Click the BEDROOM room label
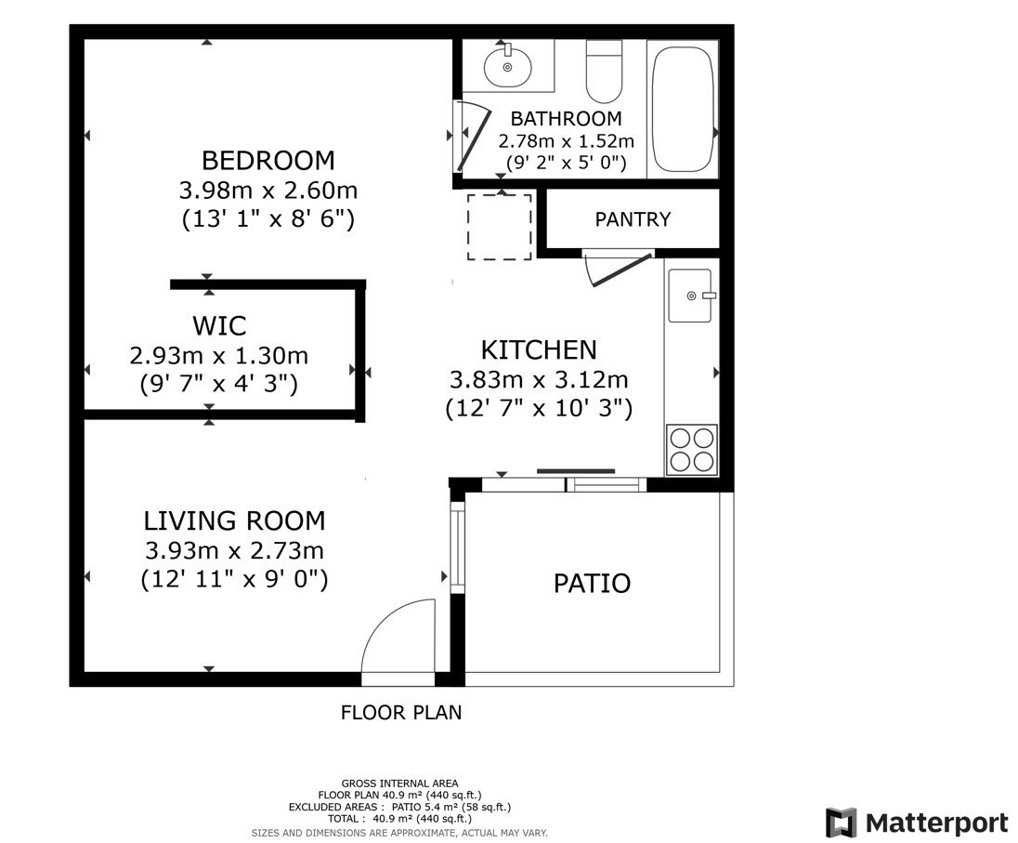268,160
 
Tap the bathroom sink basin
507,66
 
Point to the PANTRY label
633,220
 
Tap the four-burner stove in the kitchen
692,449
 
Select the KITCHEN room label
538,350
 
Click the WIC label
219,326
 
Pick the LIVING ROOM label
234,520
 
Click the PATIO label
592,584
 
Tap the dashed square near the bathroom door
499,227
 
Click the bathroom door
473,138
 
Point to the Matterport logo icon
841,823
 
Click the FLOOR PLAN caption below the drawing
400,713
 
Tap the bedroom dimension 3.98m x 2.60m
268,191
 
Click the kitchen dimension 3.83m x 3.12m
538,380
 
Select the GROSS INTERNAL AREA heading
399,784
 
